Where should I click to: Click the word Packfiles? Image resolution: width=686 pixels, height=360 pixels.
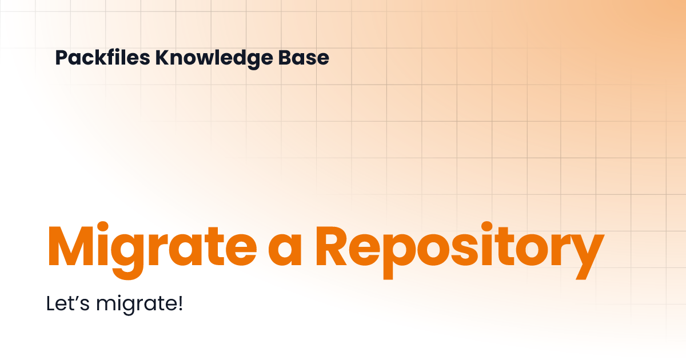102,58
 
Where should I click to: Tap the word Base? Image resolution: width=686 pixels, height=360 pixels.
309,58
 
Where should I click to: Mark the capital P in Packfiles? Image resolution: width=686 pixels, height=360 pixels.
61,58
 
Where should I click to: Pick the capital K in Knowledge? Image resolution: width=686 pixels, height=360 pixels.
161,58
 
